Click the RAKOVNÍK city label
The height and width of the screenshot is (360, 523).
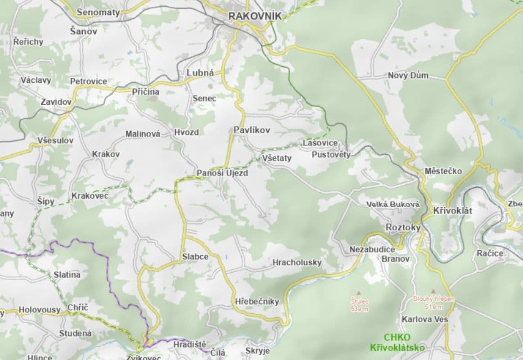click(255, 16)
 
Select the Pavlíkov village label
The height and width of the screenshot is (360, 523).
click(252, 130)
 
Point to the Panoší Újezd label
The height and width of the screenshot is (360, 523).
click(222, 173)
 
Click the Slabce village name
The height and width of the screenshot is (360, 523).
click(195, 256)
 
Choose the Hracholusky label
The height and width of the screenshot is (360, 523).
click(297, 262)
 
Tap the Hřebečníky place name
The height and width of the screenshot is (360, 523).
click(257, 301)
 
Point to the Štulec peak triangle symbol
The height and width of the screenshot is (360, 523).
click(359, 292)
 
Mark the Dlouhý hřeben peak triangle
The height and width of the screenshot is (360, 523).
click(433, 291)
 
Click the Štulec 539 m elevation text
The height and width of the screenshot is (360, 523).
click(359, 305)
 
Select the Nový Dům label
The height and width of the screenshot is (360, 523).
click(408, 75)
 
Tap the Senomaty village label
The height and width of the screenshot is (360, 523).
click(98, 12)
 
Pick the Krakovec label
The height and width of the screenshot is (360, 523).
click(90, 196)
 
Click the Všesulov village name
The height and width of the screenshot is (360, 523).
click(56, 140)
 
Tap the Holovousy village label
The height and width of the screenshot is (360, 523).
click(39, 310)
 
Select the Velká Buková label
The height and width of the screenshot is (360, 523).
click(392, 204)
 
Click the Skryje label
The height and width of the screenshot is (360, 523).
click(257, 351)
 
